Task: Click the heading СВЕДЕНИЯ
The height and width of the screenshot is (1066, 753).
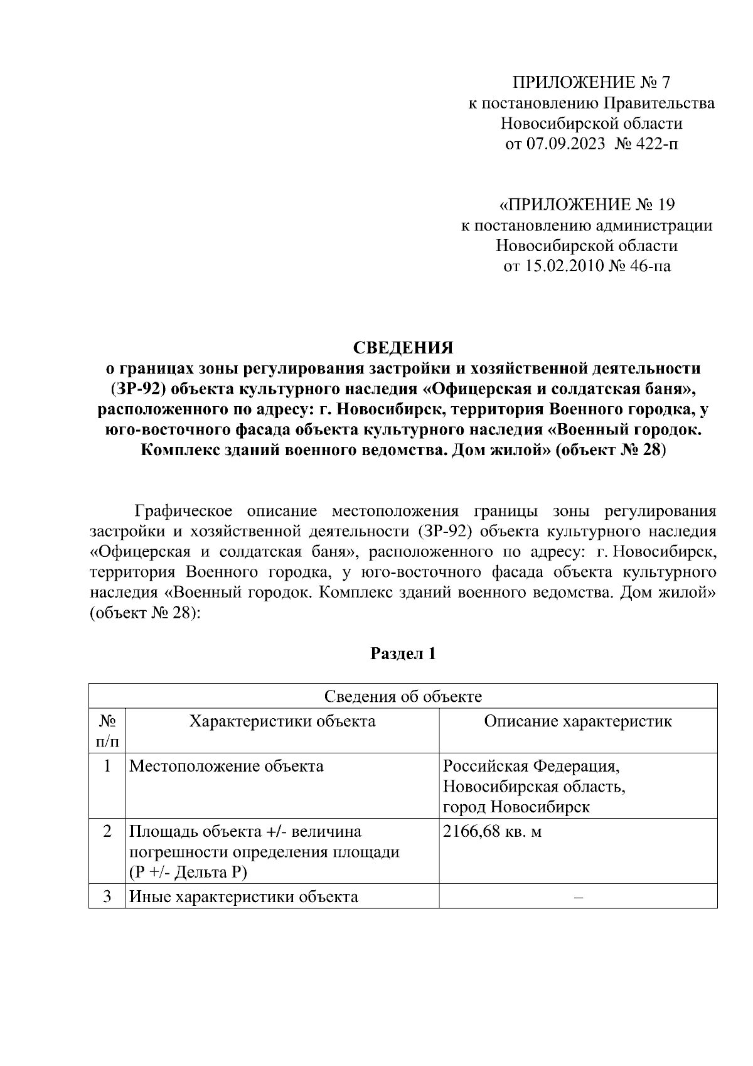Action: [403, 347]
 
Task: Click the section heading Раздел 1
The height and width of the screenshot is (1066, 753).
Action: [403, 654]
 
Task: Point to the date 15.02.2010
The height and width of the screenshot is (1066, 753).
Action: [564, 266]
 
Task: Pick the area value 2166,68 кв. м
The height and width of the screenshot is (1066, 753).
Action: [493, 832]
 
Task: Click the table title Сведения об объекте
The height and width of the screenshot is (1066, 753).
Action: [403, 696]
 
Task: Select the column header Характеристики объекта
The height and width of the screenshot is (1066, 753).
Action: [282, 721]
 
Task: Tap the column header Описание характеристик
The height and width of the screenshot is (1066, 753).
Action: [577, 721]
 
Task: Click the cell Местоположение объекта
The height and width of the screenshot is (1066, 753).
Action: [227, 766]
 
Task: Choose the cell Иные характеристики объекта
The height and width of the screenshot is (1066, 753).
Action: [243, 896]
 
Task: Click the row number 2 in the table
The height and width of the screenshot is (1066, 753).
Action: [107, 832]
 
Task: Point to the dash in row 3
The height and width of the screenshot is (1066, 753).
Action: [578, 897]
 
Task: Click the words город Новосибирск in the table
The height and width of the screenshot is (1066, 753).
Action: [516, 807]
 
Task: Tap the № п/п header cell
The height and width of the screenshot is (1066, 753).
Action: [107, 731]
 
